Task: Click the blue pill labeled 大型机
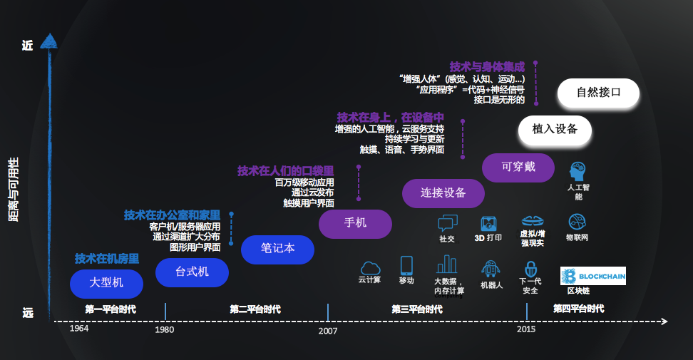[x=106, y=283]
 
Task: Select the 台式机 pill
[x=192, y=272]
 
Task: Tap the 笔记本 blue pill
[x=277, y=249]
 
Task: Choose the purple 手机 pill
[x=355, y=223]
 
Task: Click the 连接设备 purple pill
[x=443, y=192]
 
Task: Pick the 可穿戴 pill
[x=518, y=168]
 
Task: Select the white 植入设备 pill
[x=554, y=130]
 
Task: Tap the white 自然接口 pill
[x=597, y=93]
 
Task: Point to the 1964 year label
[x=79, y=329]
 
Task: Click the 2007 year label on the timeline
[x=328, y=331]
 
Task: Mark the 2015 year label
[x=527, y=329]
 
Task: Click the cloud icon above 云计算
[x=370, y=267]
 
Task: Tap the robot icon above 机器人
[x=491, y=269]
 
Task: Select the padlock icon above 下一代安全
[x=530, y=269]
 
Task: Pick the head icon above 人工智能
[x=577, y=171]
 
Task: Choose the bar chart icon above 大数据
[x=447, y=264]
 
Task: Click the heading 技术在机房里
[x=107, y=259]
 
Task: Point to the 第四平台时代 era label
[x=578, y=309]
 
